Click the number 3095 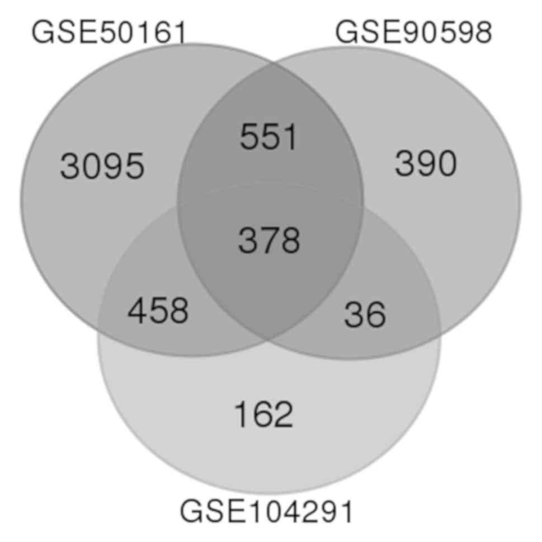[x=102, y=166]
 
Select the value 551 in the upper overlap [x=268, y=137]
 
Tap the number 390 [x=426, y=164]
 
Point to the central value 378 [x=269, y=241]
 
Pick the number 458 [x=158, y=311]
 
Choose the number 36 [x=365, y=314]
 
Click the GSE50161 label [x=109, y=32]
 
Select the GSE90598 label [x=413, y=32]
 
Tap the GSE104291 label [x=266, y=511]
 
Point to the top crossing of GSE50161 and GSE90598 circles [x=272, y=64]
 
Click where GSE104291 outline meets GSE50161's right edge [x=362, y=208]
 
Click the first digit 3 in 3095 [x=70, y=166]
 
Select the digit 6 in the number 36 [x=375, y=314]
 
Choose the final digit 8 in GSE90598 [x=482, y=32]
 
